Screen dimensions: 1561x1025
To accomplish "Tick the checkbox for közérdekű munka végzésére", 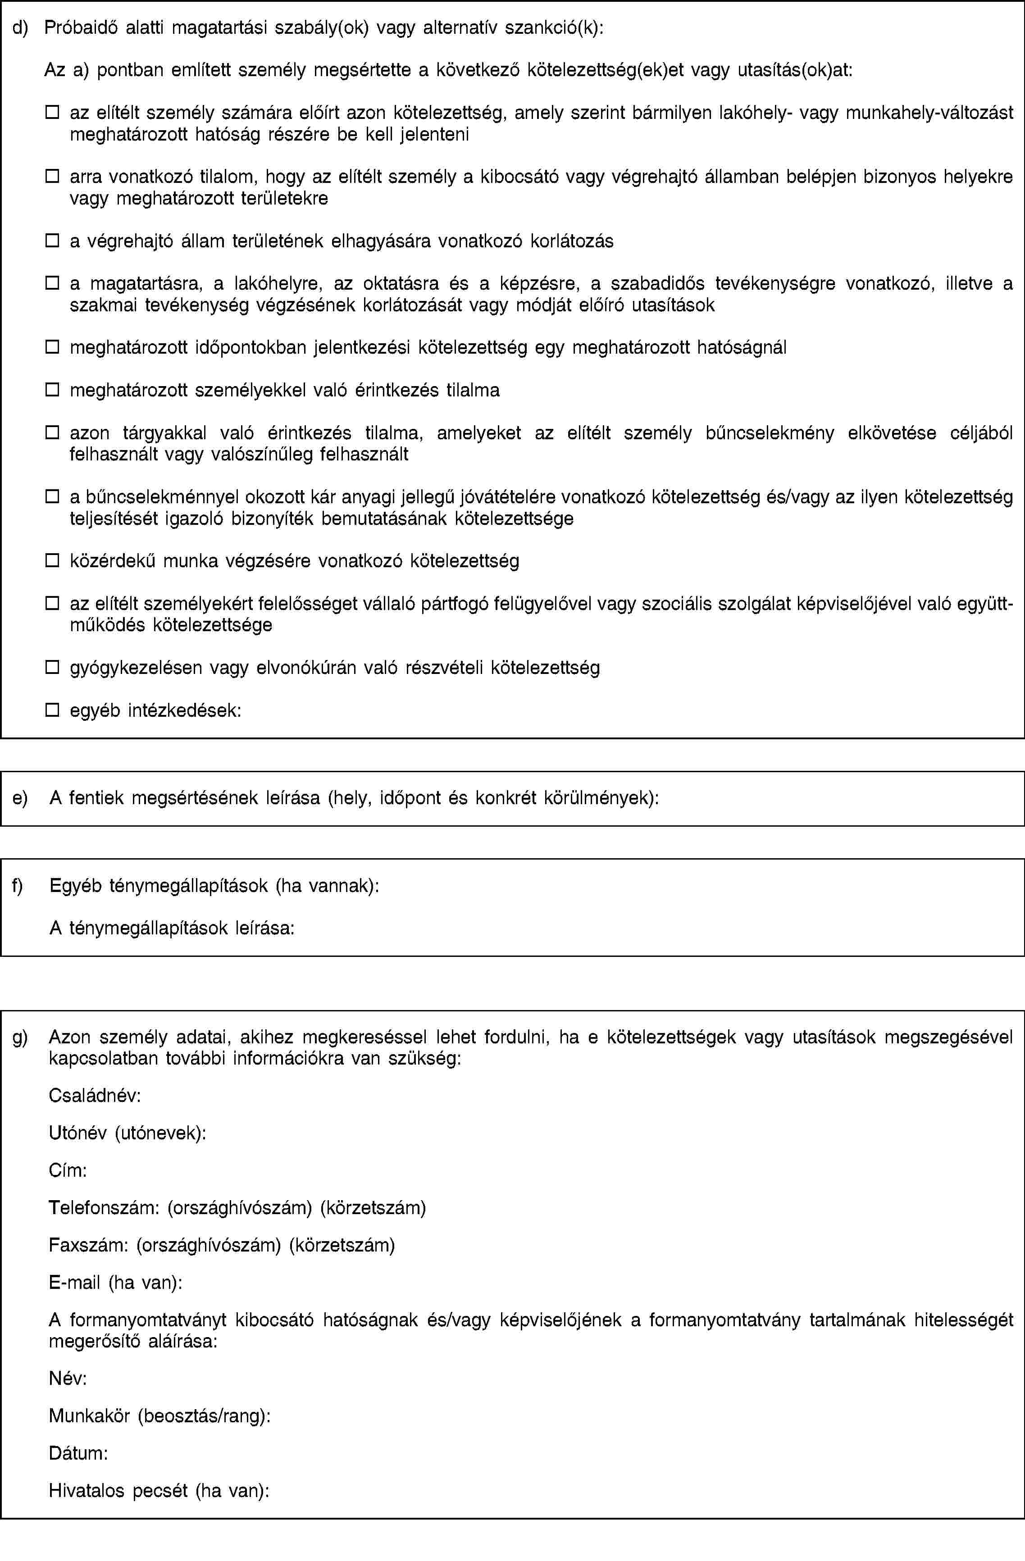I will (x=52, y=561).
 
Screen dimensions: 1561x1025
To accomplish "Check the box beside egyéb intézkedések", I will (x=52, y=709).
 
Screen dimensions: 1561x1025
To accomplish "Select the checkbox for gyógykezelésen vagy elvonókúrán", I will (x=52, y=667).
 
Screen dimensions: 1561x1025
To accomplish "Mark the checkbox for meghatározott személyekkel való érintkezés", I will (x=52, y=390).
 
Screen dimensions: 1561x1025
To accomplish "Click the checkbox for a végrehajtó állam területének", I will (x=52, y=241).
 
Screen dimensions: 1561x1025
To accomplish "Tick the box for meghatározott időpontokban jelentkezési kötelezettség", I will (x=52, y=347).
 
